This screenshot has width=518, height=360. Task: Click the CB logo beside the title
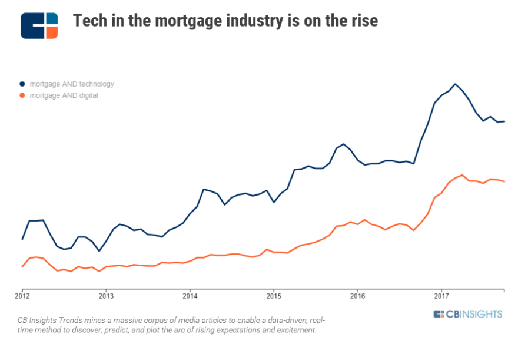coord(39,25)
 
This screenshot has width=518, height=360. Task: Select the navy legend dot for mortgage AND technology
coord(22,84)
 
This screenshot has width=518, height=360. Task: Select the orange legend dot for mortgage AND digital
coord(22,95)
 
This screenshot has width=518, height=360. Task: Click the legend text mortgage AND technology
coord(72,84)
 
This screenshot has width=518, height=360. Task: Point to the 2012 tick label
coord(22,296)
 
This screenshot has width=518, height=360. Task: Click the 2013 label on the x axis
coord(106,296)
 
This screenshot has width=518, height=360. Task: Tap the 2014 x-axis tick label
coord(190,296)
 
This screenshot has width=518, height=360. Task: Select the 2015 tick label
coord(273,296)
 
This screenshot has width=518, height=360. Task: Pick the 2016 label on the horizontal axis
coord(357,296)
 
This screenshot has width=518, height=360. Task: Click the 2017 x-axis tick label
coord(441,296)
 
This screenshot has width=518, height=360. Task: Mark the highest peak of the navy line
coord(455,84)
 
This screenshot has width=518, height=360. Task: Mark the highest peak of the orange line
coord(463,175)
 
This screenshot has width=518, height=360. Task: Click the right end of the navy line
coord(504,121)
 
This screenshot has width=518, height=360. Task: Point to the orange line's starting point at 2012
coord(22,267)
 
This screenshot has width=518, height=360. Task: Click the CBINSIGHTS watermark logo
coord(468,314)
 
